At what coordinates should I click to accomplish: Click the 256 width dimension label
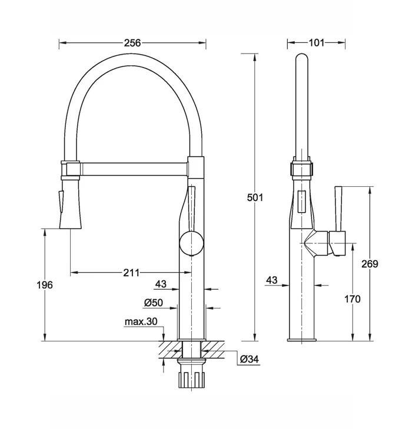click(132, 43)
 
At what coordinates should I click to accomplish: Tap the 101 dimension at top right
click(317, 42)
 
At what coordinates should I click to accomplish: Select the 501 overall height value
click(255, 197)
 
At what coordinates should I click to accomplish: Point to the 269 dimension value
click(370, 264)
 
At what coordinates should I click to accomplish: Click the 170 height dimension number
click(353, 299)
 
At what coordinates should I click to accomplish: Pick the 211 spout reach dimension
click(131, 273)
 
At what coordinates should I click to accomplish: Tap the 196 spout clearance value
click(45, 285)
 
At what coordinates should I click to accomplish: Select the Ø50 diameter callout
click(154, 303)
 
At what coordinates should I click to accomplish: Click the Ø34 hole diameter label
click(250, 359)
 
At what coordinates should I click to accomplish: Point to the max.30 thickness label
click(141, 321)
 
